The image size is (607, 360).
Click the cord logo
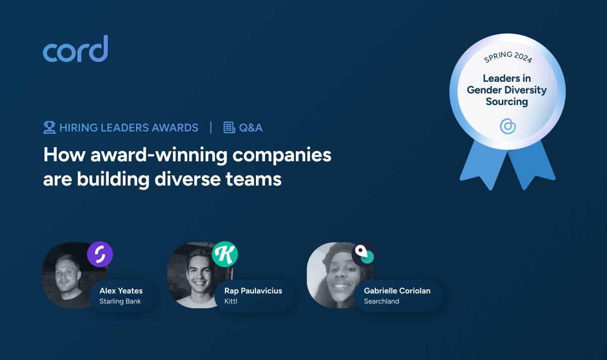point(75,50)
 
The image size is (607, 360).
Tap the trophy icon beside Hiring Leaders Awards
point(49,127)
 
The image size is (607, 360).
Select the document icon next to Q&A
point(229,127)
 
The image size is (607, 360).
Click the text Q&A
point(251,127)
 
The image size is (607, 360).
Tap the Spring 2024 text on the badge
point(507,57)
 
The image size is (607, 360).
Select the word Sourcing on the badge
point(506,102)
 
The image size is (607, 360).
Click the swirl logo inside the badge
point(507,126)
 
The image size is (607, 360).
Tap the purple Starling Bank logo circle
point(100,254)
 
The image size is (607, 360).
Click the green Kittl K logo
point(225,254)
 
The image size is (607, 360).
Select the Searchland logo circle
point(364,254)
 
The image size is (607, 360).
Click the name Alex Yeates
point(121,291)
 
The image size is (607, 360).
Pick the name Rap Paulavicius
point(253,291)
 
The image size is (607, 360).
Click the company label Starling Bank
point(120,301)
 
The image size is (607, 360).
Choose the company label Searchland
point(381,301)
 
